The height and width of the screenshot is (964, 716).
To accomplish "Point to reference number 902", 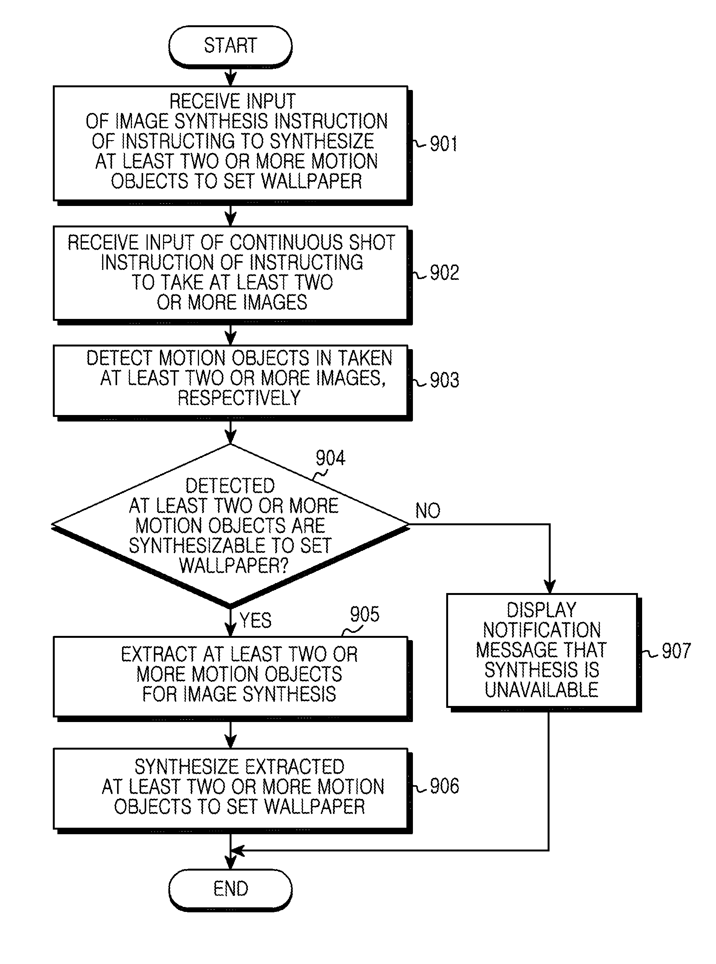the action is coord(444,273).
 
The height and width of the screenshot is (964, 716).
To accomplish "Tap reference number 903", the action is coord(444,380).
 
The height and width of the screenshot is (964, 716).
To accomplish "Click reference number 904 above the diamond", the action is coord(330,458).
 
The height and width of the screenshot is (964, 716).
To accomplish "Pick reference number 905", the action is coord(364,614).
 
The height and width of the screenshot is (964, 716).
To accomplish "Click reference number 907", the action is coord(676,651).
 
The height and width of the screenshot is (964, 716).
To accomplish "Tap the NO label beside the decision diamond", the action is coord(428,510).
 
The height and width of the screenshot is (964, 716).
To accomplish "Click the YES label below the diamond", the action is coord(255,620).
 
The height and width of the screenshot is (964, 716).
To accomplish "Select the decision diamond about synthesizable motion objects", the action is coord(230,525).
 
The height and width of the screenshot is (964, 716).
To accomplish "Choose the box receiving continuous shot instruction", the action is coord(232,274).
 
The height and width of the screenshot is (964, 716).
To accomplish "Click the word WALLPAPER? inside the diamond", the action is coord(233,565).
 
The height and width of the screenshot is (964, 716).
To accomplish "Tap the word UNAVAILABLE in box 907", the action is coord(541,690).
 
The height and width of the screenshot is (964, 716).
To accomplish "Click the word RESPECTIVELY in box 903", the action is coord(239,398).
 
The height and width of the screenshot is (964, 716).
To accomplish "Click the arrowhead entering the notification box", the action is coord(550,587).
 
